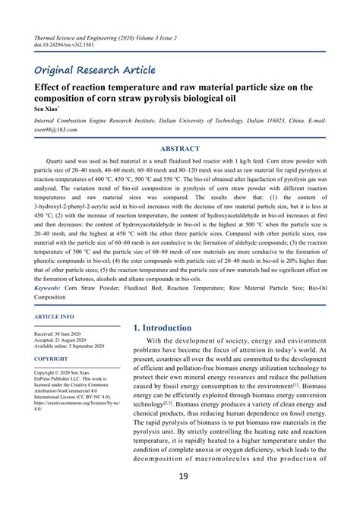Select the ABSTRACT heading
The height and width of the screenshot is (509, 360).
[x=180, y=149]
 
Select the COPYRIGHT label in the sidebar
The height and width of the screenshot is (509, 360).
[x=51, y=359]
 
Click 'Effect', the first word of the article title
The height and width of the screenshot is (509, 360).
[x=46, y=87]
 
